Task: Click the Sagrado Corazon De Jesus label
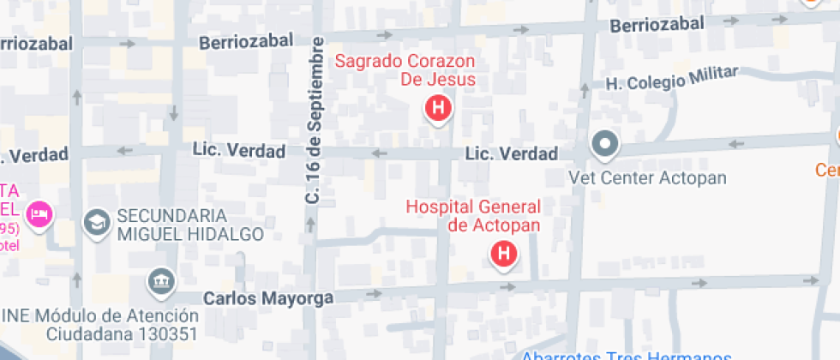point(405,70)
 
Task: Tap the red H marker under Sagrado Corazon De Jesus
point(438,109)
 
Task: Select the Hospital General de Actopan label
point(473,215)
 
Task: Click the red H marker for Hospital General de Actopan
point(504,254)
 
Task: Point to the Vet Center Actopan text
point(647,178)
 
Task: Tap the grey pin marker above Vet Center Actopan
point(605,144)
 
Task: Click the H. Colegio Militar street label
point(672,80)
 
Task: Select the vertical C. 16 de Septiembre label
point(315,120)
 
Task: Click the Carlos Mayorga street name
point(268,297)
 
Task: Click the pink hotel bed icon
point(39,213)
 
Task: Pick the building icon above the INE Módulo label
point(159,279)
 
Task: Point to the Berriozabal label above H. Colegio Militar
point(658,26)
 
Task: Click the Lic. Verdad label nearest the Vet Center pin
point(512,154)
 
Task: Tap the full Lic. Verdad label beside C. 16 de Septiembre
point(239,151)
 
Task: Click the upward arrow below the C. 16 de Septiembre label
point(311,226)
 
